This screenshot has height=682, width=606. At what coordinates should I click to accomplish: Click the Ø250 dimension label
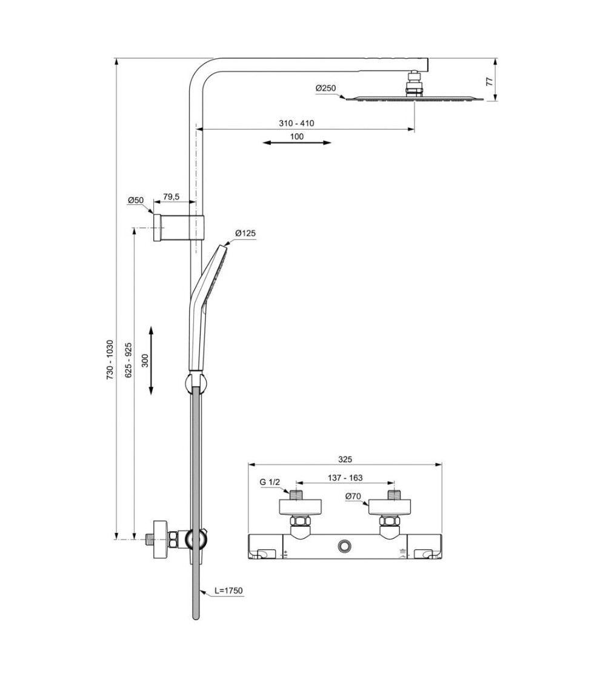325,89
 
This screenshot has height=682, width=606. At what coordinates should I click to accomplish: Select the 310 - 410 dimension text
296,123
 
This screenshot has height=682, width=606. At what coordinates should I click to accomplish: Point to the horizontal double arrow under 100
297,143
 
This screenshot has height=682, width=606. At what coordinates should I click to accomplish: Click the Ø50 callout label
135,200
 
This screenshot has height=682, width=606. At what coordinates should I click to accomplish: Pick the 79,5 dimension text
171,197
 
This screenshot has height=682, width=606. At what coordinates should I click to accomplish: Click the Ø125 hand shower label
245,233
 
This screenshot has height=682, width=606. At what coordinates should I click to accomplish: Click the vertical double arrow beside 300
151,360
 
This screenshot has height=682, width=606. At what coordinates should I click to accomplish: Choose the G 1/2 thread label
270,483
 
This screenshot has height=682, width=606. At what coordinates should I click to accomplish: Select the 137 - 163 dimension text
345,478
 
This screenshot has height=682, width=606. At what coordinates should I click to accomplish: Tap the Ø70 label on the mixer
353,497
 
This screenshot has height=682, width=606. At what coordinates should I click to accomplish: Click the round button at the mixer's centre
345,546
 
